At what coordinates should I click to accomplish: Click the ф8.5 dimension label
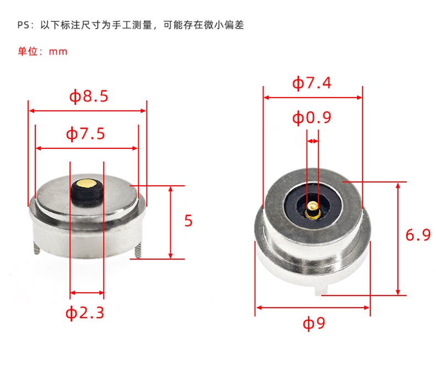(88, 97)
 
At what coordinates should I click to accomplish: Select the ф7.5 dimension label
(85, 134)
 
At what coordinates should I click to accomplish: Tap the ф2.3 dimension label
(85, 313)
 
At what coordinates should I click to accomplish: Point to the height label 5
(189, 221)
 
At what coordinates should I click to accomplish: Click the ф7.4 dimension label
(312, 83)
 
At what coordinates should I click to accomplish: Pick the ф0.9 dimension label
(312, 117)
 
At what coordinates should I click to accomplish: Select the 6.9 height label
(418, 235)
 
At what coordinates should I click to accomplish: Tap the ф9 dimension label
(314, 324)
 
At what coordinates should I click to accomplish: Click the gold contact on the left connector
(87, 182)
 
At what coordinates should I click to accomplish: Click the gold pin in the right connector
(312, 208)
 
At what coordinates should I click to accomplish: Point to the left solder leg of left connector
(36, 248)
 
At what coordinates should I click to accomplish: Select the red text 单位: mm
(42, 51)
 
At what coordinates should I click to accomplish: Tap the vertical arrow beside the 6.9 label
(398, 237)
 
